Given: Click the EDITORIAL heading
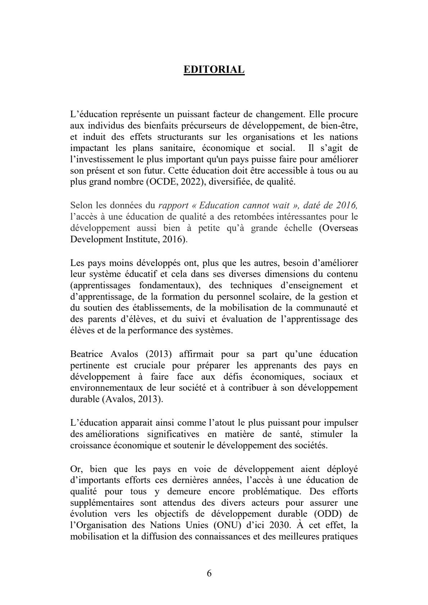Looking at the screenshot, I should [x=214, y=69].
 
